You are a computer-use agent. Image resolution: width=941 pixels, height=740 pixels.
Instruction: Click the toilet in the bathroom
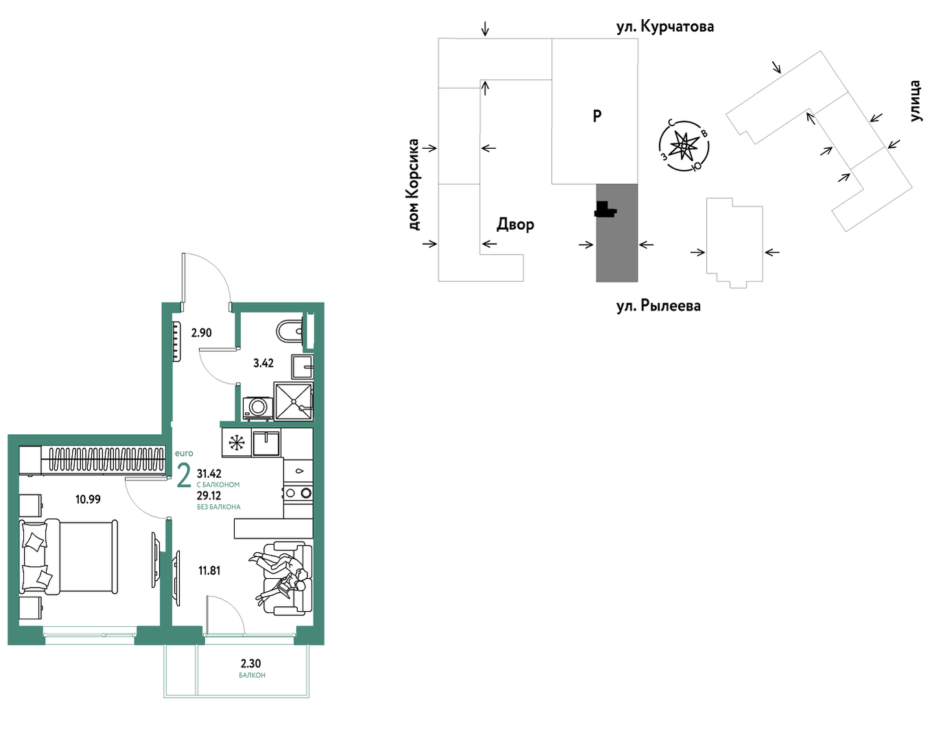coord(289,331)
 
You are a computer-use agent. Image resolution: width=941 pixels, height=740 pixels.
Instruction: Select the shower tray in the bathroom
coord(293,401)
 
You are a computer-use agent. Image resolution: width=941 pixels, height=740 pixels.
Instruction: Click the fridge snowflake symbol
coord(237,443)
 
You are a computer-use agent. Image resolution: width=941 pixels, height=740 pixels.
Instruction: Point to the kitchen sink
coord(266,443)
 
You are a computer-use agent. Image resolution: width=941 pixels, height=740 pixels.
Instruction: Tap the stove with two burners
coord(298,494)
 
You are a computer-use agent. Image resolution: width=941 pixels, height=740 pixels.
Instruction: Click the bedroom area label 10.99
coord(88,499)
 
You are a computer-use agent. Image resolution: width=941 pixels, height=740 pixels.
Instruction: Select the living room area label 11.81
coord(209,571)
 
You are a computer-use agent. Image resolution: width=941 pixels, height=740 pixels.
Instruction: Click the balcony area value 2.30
coord(251,663)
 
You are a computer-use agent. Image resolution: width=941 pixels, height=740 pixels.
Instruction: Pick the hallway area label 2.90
coord(202,333)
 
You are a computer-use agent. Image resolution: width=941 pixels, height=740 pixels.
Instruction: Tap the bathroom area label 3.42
coord(264,363)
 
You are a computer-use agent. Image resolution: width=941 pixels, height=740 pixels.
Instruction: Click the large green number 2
coord(184,476)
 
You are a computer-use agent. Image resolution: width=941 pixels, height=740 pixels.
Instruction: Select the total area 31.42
coord(209,473)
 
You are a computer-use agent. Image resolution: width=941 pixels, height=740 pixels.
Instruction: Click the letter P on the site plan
coord(597,116)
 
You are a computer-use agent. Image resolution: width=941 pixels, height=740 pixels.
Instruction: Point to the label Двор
coord(515,225)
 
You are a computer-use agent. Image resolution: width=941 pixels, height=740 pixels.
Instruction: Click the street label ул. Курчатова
coord(665,27)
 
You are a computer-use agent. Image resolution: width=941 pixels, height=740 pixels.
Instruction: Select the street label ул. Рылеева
coord(658,306)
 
